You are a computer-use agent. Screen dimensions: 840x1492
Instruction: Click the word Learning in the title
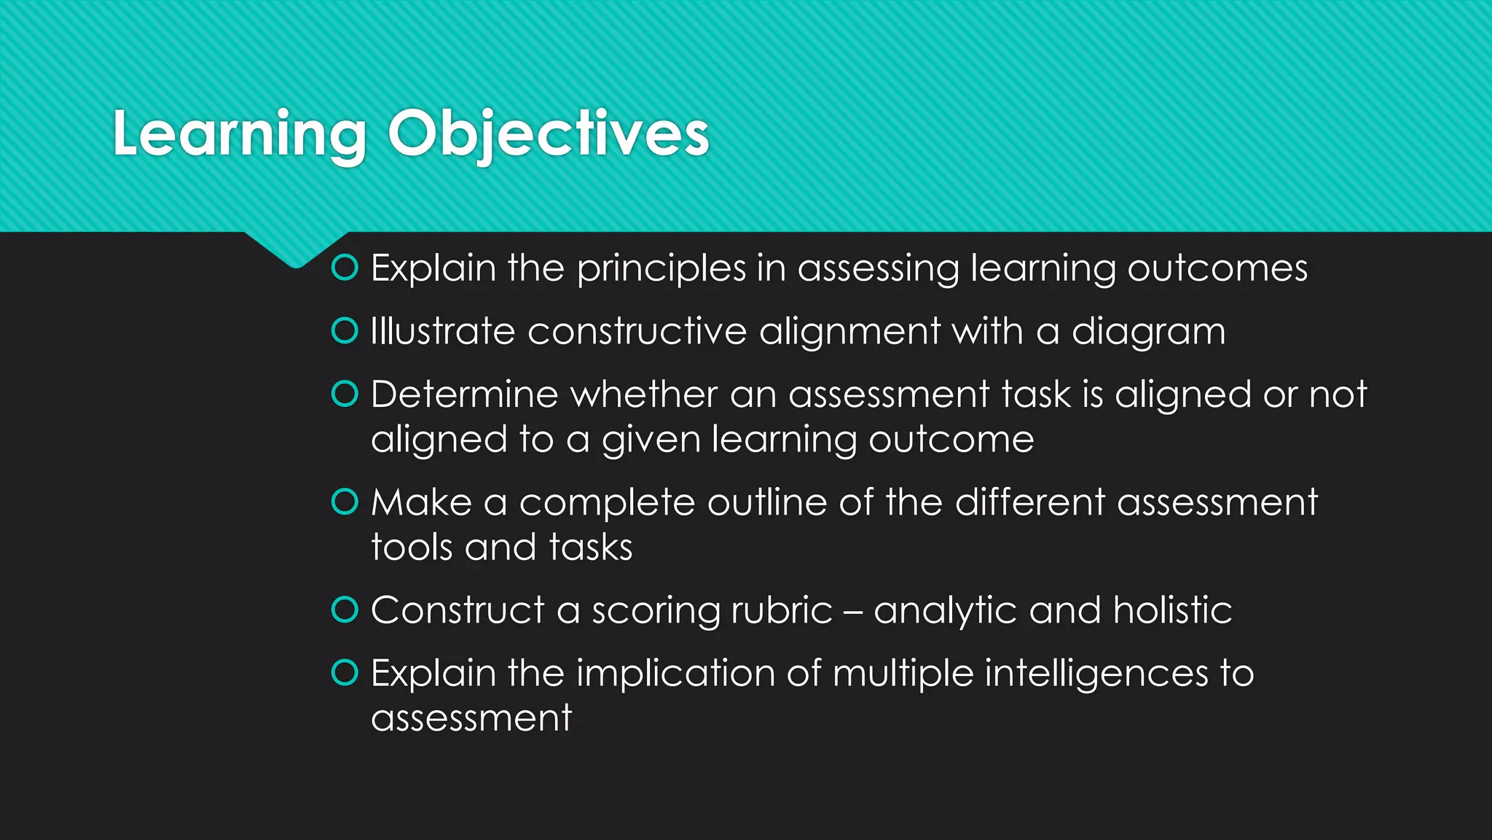pyautogui.click(x=240, y=135)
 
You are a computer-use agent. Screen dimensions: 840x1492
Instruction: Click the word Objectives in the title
pyautogui.click(x=549, y=135)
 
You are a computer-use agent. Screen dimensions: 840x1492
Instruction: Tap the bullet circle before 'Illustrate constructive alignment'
pyautogui.click(x=345, y=331)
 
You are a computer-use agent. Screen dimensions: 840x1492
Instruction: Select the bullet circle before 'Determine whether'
pyautogui.click(x=345, y=394)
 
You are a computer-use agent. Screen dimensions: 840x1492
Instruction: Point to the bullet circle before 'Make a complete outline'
pyautogui.click(x=345, y=502)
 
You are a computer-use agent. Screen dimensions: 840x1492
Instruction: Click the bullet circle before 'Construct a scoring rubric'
pyautogui.click(x=345, y=610)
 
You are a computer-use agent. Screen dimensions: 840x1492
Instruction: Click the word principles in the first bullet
pyautogui.click(x=661, y=269)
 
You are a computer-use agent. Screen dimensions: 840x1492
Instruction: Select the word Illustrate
pyautogui.click(x=443, y=331)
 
